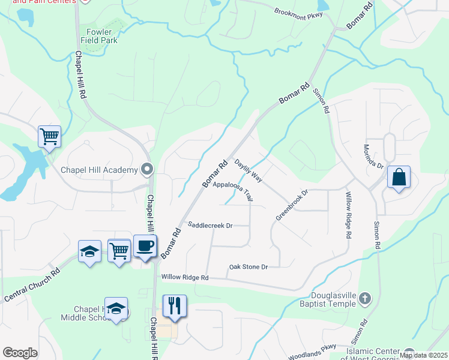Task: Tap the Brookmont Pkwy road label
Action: coord(298,13)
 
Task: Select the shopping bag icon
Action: coord(399,177)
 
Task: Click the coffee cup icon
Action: coord(145,246)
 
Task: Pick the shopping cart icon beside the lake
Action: coord(49,136)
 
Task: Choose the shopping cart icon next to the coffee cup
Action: coord(119,250)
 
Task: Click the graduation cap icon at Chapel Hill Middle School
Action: coord(116,308)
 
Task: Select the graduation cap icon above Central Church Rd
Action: coord(89,251)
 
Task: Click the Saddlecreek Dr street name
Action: coord(209,226)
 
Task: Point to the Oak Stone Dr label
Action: coord(248,266)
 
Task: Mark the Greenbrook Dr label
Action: coord(292,205)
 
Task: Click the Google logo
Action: coord(20,353)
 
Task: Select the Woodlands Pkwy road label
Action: coord(313,351)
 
